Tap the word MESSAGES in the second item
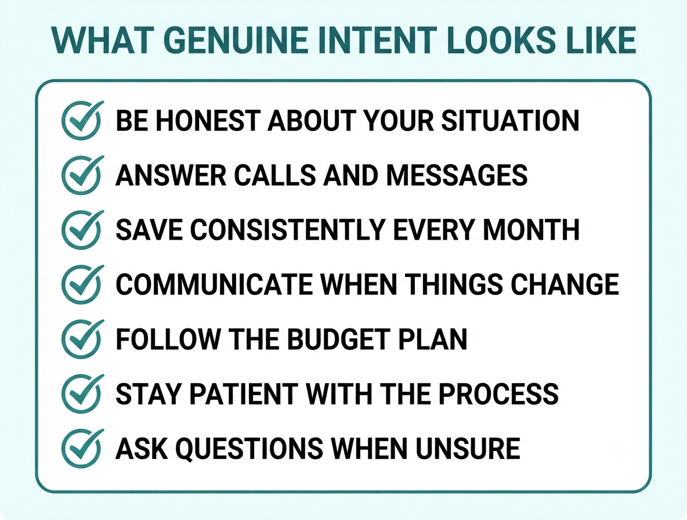coord(457,175)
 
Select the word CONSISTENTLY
coord(287,230)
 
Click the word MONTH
coord(531,230)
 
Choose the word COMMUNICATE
coord(214,285)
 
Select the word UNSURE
coord(468,449)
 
